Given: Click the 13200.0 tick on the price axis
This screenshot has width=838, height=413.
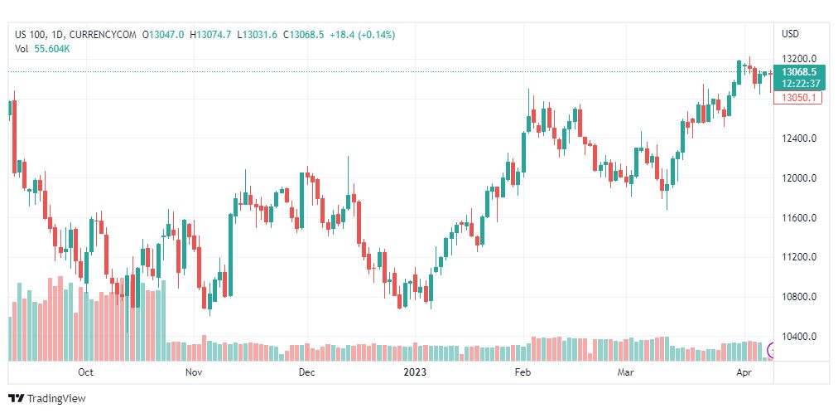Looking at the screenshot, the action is pos(799,59).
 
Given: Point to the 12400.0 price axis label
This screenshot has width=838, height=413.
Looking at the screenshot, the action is pos(799,138).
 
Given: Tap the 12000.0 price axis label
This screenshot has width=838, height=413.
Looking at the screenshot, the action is pos(799,178).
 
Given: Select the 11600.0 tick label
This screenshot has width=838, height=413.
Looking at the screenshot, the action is pos(799,218).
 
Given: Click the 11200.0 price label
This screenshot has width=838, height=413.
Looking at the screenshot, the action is pos(799,257).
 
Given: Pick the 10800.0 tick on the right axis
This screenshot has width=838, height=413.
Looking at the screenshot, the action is pos(799,297).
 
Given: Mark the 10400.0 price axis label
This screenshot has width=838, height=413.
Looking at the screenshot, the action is pos(799,337).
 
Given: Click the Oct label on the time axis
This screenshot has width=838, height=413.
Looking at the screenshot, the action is pos(85,372).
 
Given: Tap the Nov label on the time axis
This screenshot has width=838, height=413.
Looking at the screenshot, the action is pos(194,372).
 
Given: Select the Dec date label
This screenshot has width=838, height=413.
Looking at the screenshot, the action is pos(306,372).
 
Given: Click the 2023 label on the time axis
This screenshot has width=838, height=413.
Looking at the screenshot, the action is pos(415,372).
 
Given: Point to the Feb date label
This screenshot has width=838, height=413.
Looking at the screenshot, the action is pos(523,372).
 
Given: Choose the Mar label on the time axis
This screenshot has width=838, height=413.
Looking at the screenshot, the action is pos(624,372).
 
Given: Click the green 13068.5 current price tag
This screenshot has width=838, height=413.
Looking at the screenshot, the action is pos(799,78).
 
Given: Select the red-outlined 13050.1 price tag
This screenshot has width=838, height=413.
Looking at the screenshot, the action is pos(798,98).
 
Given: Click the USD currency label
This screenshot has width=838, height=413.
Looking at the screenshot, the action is pos(791,34).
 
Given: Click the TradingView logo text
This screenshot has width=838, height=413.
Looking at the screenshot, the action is pos(47,399).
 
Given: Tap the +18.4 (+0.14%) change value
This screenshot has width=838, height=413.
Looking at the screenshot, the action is pos(363,35).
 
